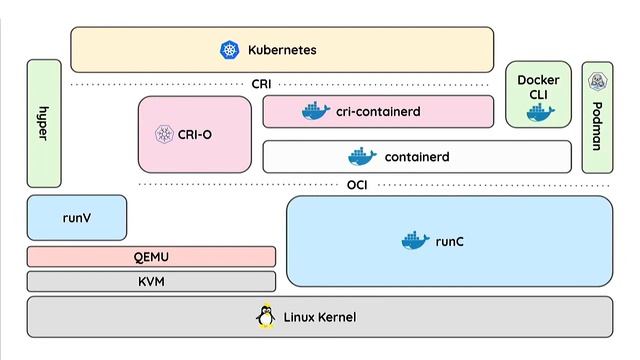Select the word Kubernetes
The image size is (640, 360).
click(x=283, y=49)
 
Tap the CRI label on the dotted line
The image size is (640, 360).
click(x=261, y=85)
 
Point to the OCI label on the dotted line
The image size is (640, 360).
click(x=357, y=185)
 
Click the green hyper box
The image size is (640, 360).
click(x=44, y=123)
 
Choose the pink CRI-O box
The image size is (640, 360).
click(x=195, y=134)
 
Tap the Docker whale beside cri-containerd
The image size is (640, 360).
click(x=316, y=112)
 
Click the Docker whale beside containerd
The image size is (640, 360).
click(x=362, y=157)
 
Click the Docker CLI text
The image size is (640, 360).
click(x=538, y=87)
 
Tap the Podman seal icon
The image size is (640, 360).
click(x=597, y=81)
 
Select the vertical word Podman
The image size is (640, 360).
click(x=597, y=127)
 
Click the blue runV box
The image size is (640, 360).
click(x=77, y=218)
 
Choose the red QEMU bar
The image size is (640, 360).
click(x=151, y=257)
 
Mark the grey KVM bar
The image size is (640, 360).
click(x=151, y=282)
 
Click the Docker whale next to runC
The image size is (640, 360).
click(x=414, y=241)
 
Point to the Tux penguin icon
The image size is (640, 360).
click(x=265, y=316)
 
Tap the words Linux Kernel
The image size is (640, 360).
click(x=320, y=318)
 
